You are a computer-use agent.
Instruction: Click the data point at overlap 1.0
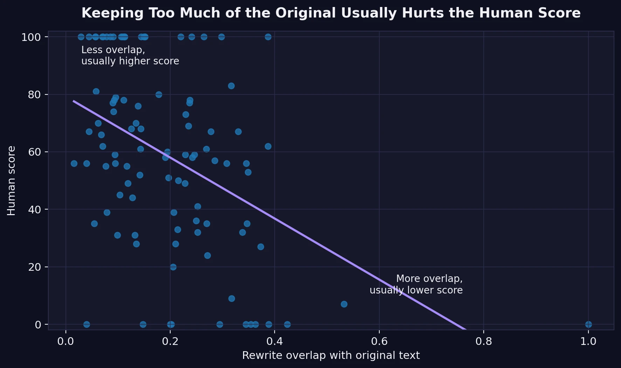588,324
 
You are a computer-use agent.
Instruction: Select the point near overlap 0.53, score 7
344,304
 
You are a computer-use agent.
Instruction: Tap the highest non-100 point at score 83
231,86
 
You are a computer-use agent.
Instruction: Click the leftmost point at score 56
74,163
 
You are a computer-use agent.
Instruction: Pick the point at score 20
173,267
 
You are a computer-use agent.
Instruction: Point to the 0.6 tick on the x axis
379,341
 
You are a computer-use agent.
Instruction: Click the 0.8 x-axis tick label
484,341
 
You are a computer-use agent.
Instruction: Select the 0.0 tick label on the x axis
65,341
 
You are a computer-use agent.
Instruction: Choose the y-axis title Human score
12,181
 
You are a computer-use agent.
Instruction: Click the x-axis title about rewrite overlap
331,355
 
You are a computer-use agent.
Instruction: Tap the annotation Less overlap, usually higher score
130,55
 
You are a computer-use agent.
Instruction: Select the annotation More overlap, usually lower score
416,284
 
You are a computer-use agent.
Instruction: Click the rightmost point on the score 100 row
268,37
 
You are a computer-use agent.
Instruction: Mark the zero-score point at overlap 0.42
287,324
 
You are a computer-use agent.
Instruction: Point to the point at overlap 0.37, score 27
261,247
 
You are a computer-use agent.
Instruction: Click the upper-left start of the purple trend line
74,101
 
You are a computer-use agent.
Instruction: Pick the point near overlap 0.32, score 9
232,298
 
